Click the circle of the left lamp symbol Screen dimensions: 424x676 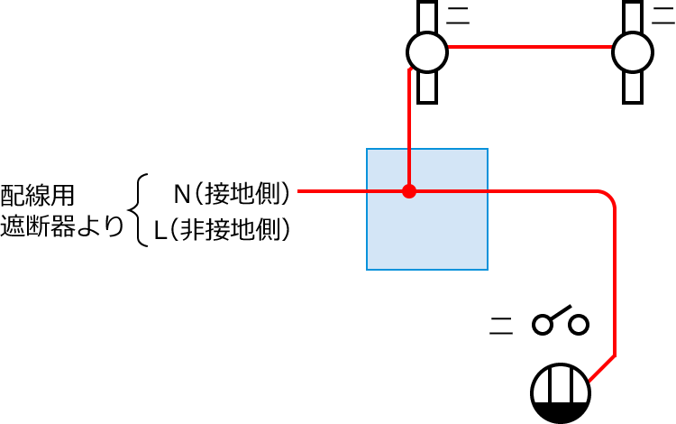(x=425, y=51)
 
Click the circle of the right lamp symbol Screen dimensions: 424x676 (x=633, y=51)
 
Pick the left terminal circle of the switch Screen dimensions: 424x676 (x=543, y=323)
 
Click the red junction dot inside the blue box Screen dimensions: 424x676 (x=409, y=191)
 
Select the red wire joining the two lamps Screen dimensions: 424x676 (x=529, y=47)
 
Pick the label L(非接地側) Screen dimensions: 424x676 (x=223, y=231)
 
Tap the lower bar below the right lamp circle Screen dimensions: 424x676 (x=633, y=87)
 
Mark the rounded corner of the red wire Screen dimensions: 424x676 (x=610, y=198)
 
